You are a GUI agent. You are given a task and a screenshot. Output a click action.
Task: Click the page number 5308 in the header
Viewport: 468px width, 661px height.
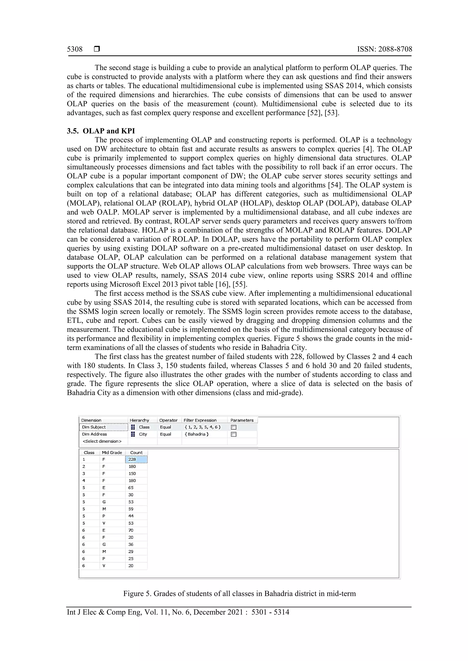pos(75,49)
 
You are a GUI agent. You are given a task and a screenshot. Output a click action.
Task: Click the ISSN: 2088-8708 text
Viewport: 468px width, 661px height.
pos(384,49)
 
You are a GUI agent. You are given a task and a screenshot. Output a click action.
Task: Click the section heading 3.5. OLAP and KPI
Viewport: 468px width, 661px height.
pos(101,131)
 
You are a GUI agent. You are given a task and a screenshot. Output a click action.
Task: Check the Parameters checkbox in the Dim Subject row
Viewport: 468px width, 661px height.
pos(234,427)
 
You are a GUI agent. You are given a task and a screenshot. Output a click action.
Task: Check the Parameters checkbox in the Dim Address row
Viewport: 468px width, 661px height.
pos(234,434)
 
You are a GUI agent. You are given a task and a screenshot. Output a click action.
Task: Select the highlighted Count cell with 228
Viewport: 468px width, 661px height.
pos(136,460)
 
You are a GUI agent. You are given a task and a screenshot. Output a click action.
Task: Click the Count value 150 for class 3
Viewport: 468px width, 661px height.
pos(132,474)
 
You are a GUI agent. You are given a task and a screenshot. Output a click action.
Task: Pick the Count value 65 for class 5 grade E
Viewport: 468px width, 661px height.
pos(131,488)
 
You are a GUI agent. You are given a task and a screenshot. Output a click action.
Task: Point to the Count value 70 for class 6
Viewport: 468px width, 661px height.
pos(131,530)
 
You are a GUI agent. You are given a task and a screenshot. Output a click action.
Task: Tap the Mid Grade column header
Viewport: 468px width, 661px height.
pos(112,452)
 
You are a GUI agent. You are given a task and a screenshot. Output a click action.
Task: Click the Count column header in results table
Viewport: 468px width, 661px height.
pos(136,452)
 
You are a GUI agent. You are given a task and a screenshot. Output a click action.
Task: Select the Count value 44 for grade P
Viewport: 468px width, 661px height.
pos(131,516)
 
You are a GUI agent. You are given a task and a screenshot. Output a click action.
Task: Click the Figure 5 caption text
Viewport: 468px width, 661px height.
pos(239,594)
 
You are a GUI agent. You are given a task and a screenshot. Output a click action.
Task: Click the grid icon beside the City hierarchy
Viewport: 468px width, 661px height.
pos(133,434)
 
